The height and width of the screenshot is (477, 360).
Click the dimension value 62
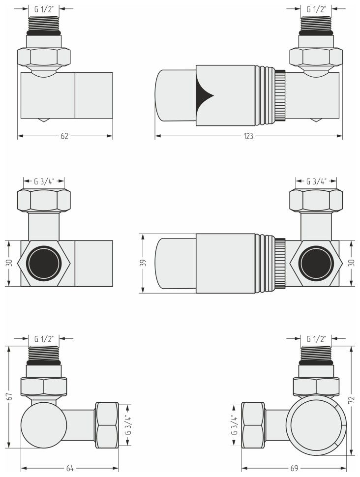tap(64, 136)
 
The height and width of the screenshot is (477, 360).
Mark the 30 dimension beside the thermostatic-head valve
tap(351, 263)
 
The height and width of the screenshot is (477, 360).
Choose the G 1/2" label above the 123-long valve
tap(316, 9)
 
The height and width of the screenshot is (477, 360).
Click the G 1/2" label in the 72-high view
tap(316, 339)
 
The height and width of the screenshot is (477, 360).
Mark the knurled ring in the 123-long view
tap(280, 94)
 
